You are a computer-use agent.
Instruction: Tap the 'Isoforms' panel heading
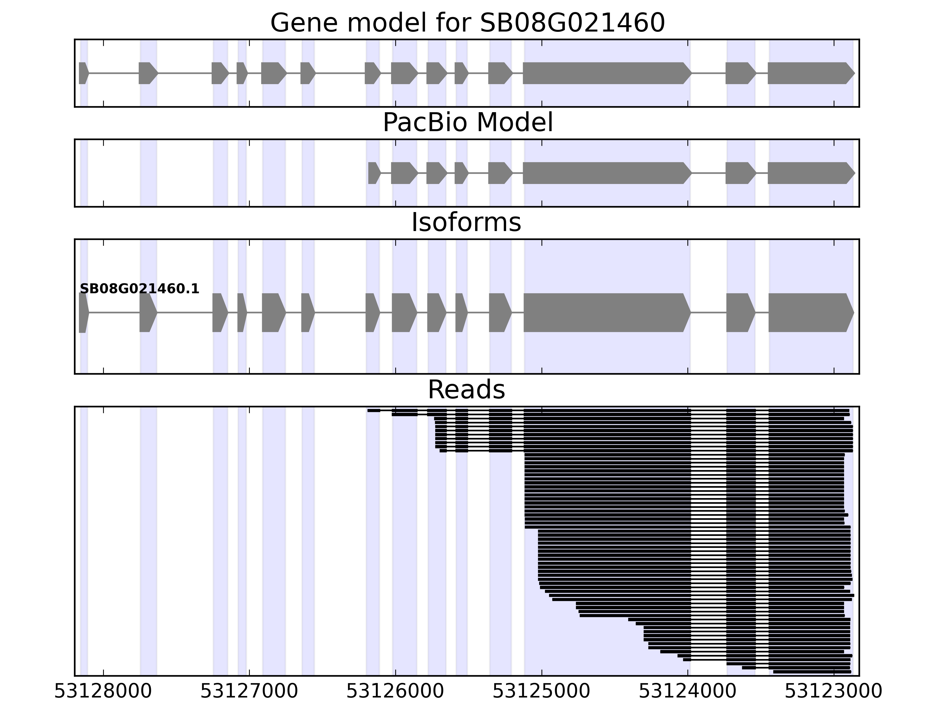click(x=466, y=223)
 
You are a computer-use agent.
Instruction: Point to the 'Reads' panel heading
click(x=466, y=390)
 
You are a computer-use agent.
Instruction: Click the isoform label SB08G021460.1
click(x=139, y=289)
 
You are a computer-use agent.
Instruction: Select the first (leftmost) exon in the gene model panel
click(x=83, y=73)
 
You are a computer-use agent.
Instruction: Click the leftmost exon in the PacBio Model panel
click(x=374, y=173)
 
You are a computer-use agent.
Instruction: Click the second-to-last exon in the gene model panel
click(x=740, y=73)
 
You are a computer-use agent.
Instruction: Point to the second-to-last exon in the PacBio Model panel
click(x=740, y=173)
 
